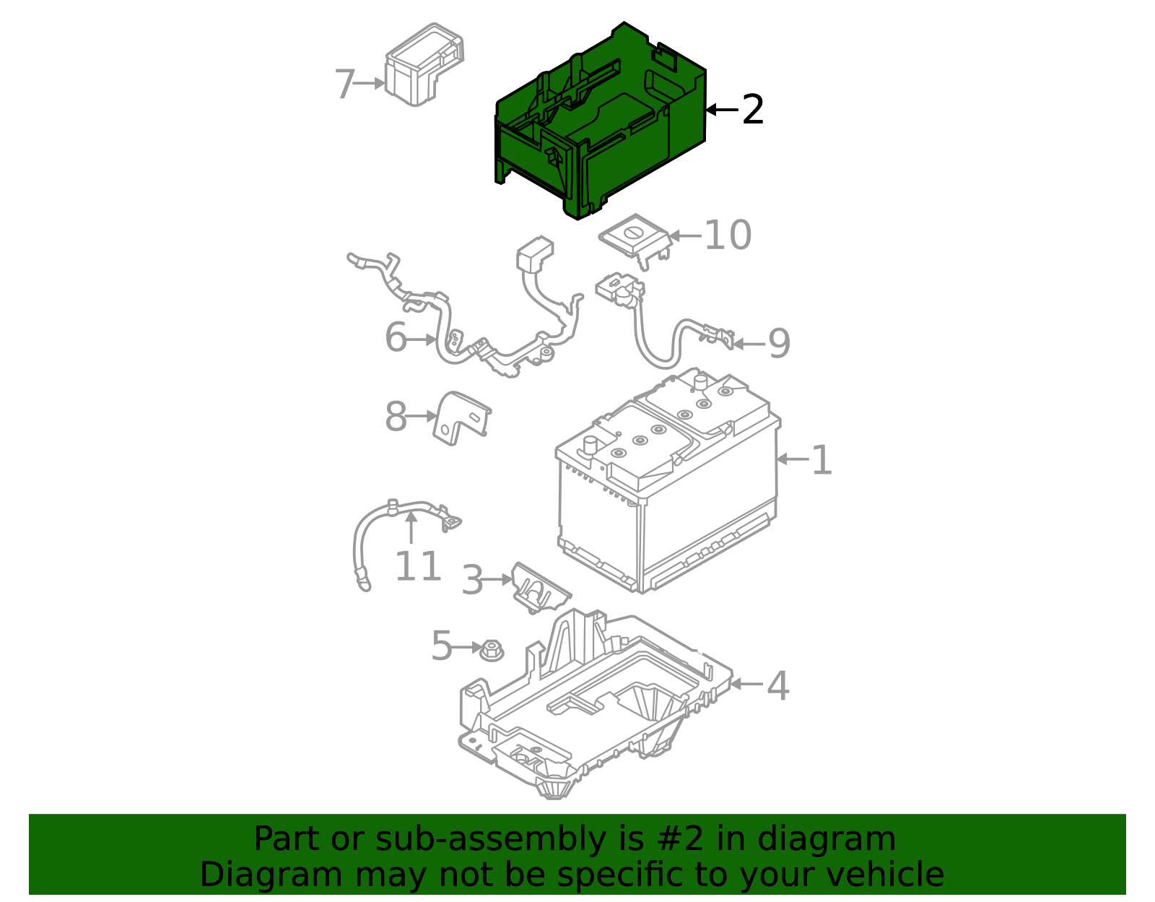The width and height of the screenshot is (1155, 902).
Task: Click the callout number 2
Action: pyautogui.click(x=753, y=110)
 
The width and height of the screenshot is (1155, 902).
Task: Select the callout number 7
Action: pyautogui.click(x=345, y=84)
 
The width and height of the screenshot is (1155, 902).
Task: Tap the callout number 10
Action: pyautogui.click(x=728, y=235)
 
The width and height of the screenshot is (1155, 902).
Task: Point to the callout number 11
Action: pyautogui.click(x=418, y=566)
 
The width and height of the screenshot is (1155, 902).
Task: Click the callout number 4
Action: pyautogui.click(x=778, y=685)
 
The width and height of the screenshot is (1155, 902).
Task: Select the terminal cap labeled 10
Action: pyautogui.click(x=635, y=243)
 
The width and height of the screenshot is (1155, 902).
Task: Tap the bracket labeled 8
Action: pyautogui.click(x=461, y=418)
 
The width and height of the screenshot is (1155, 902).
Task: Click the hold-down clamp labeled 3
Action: pyautogui.click(x=540, y=589)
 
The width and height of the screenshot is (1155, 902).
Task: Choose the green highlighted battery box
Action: pyautogui.click(x=601, y=121)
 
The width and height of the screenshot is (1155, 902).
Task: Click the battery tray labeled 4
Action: pyautogui.click(x=596, y=704)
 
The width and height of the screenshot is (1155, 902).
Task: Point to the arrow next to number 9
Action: pyautogui.click(x=749, y=344)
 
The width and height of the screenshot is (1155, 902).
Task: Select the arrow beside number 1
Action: pyautogui.click(x=793, y=459)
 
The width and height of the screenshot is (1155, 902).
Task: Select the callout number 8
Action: pyautogui.click(x=396, y=417)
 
